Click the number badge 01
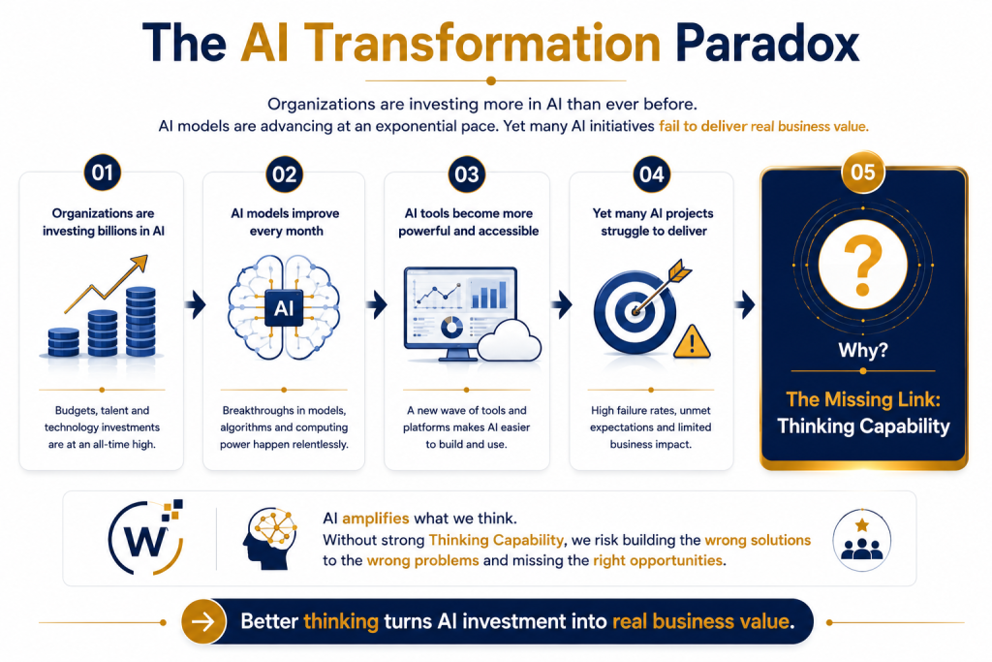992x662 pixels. point(102,173)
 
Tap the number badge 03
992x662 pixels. point(466,174)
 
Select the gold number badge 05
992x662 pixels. point(863,173)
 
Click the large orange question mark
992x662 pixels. point(862,265)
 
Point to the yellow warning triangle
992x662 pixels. point(692,342)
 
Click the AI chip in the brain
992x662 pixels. point(284,308)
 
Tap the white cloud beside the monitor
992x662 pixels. point(509,341)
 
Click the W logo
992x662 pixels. point(147,538)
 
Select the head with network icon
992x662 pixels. point(269,539)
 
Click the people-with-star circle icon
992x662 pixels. point(861,541)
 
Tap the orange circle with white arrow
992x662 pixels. point(203,621)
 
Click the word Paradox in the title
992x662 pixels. point(767,44)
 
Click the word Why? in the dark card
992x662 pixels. point(863,350)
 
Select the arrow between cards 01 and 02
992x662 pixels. point(196,305)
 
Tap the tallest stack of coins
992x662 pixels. point(140,322)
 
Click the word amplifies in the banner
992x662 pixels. point(376,519)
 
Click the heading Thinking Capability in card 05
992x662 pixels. point(863,426)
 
